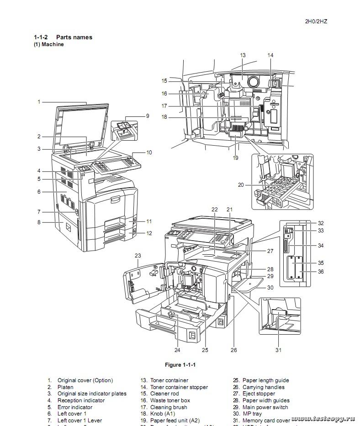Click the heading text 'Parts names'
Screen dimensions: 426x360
(74, 37)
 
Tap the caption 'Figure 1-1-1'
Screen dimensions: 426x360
(180, 365)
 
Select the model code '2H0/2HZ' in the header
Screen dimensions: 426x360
(316, 21)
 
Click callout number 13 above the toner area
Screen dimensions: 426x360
(243, 55)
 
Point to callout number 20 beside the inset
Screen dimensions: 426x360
(241, 185)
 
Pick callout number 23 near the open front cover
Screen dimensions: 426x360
(138, 255)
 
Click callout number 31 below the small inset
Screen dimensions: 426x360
(278, 350)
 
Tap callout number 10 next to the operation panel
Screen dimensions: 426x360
(149, 153)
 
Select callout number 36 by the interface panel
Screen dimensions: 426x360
(321, 272)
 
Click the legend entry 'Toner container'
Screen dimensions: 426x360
(169, 380)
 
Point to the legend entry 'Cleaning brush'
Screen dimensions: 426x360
(169, 407)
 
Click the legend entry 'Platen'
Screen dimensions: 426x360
(65, 387)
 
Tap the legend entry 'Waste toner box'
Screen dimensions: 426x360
(170, 400)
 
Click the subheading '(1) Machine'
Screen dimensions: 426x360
(48, 44)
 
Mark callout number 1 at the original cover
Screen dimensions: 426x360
(39, 102)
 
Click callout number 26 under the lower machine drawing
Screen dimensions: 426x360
(233, 350)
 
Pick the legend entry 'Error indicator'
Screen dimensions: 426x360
(75, 407)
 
